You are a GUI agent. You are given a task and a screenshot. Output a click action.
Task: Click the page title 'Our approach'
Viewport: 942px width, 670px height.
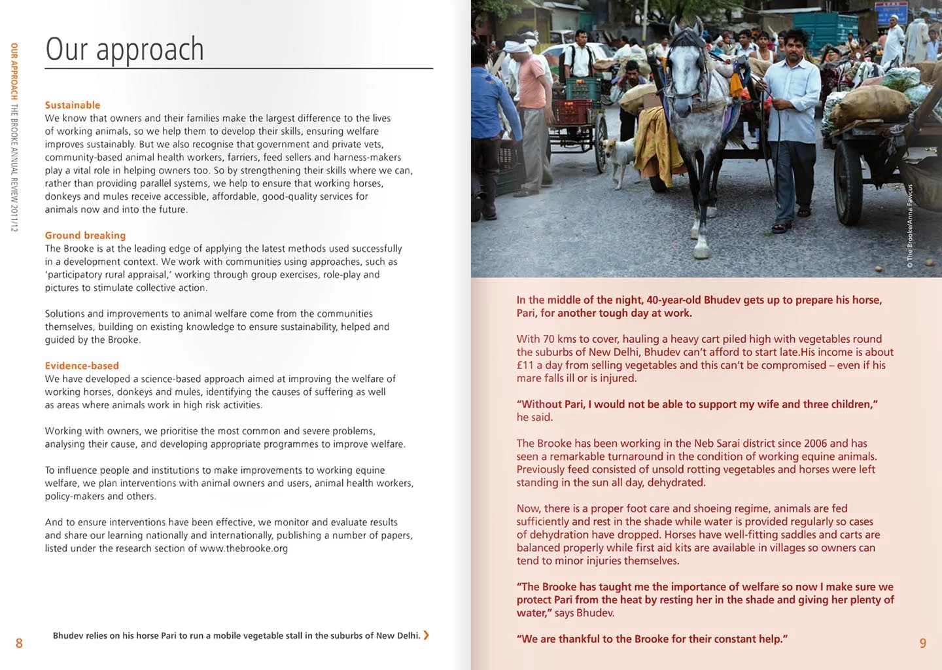tap(124, 50)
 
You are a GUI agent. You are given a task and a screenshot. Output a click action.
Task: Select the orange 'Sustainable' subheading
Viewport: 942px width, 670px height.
tap(73, 105)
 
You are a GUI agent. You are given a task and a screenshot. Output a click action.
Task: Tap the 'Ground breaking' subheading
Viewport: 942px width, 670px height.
tap(85, 236)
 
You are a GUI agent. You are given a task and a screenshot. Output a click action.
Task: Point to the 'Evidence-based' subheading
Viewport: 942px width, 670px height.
tap(82, 366)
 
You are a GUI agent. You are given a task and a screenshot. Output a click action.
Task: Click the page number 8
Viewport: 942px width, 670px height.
tap(19, 643)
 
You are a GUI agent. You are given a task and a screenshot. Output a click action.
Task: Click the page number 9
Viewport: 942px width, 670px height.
tap(923, 643)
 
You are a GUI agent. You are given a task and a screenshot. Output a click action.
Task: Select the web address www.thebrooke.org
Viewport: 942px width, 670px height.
tap(243, 548)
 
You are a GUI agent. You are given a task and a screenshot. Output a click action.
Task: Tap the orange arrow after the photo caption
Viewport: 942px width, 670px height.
tap(427, 635)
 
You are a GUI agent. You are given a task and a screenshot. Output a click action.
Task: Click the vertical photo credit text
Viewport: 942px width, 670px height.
tap(909, 226)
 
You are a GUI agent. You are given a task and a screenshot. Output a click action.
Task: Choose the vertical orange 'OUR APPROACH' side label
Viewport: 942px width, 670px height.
tap(14, 71)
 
